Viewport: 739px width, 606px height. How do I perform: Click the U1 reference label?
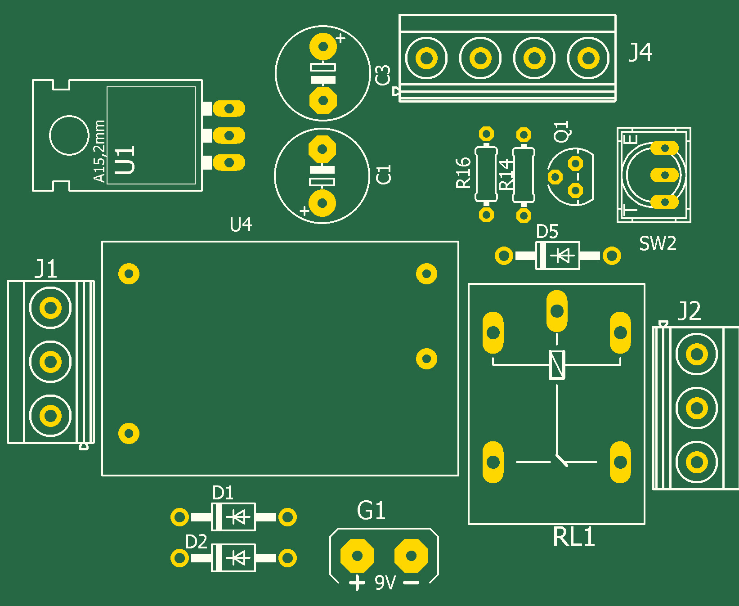pos(125,160)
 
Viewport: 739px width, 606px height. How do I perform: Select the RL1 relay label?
pos(574,537)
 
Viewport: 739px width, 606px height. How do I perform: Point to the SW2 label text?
pos(658,243)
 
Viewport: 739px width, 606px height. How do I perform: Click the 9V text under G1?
pos(385,583)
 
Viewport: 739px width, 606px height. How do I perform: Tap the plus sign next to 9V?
pos(357,583)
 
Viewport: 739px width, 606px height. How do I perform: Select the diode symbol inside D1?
pos(238,517)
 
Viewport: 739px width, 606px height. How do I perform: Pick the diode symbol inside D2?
pos(238,558)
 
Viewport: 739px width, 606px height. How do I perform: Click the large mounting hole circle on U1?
pos(69,135)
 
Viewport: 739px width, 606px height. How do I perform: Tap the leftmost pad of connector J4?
pos(426,58)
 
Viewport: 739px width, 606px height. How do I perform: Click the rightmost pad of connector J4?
pos(588,58)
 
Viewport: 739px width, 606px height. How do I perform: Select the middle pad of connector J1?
pos(50,361)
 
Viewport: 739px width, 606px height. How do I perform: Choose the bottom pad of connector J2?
pos(697,462)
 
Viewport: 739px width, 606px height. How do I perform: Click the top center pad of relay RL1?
pos(557,310)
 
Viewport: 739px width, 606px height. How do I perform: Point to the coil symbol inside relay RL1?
pos(557,364)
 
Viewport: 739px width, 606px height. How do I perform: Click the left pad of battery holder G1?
pos(357,556)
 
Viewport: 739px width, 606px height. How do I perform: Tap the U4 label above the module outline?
pos(241,224)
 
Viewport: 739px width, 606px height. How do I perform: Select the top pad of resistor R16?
pos(486,134)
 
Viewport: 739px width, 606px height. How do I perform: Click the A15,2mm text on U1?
pos(99,151)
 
